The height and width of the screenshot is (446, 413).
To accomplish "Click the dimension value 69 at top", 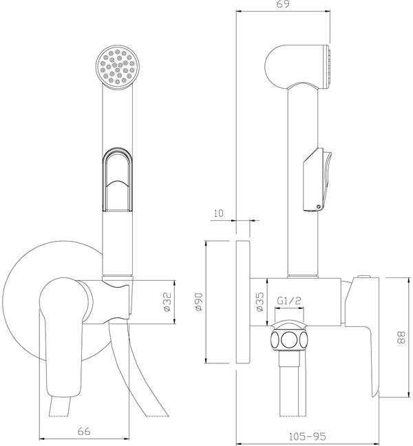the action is tap(283, 4).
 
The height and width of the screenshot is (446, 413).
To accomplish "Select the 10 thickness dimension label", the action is tap(218, 213).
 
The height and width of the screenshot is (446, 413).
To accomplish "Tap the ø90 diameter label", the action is tap(199, 301).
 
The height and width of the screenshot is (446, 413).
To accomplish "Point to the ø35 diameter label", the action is tap(260, 301).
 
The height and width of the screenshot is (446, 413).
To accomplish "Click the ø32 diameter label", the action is tap(168, 301).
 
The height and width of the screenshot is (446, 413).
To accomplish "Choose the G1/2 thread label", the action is tap(288, 300).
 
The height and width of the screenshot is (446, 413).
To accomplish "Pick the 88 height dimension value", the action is tap(401, 337).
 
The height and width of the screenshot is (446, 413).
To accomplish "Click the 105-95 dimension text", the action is tap(308, 436).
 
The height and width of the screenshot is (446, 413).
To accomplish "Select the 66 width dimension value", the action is tap(84, 432).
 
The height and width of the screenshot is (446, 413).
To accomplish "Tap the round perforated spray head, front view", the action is tap(118, 67).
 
